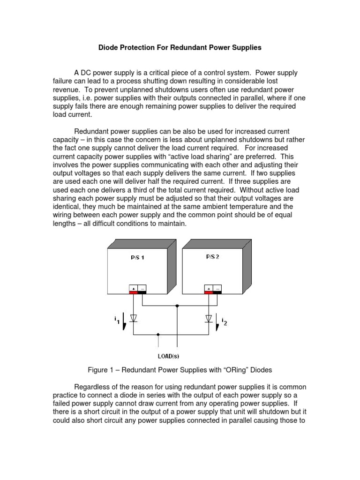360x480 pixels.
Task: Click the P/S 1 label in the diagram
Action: (138, 258)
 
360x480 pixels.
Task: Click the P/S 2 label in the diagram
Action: (212, 257)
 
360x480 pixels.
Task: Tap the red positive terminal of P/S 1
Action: (134, 290)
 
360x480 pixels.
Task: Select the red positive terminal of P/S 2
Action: (208, 290)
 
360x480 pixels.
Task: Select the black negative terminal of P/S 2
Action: (217, 290)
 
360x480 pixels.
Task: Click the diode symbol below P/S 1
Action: (134, 318)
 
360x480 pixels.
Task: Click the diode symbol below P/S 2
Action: (208, 318)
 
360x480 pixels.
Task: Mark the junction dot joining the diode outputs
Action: (158, 335)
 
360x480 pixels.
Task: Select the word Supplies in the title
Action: (246, 47)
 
